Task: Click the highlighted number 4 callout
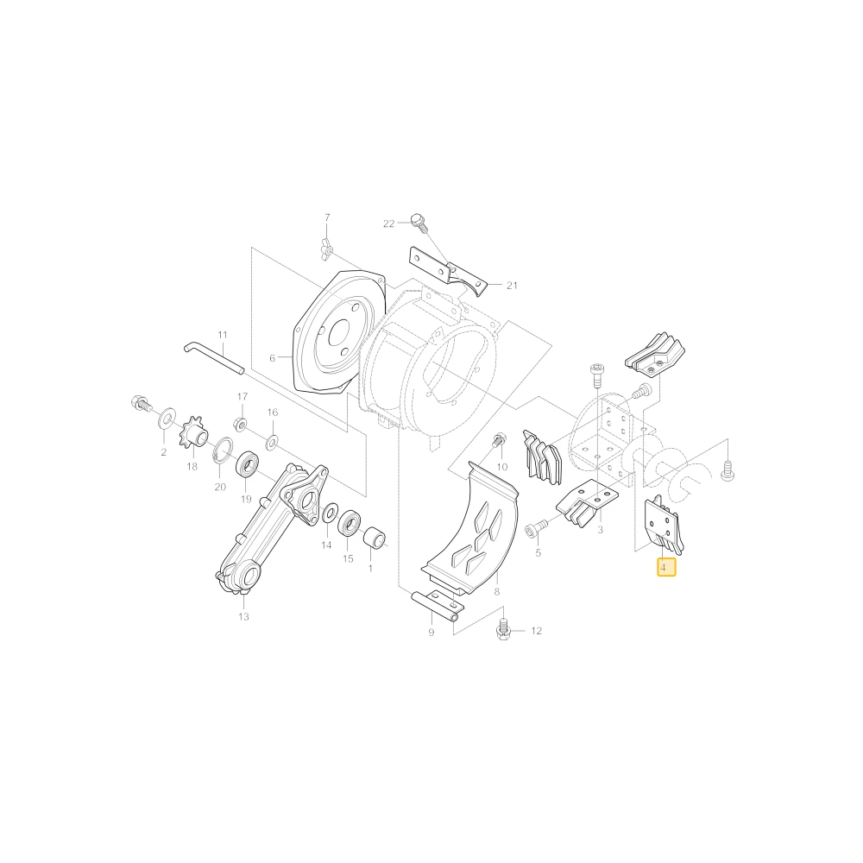coord(666,566)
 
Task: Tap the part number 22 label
coord(388,224)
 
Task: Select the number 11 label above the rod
coord(223,335)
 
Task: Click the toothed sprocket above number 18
coord(193,434)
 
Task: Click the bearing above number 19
coord(249,464)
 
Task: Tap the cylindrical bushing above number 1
coord(375,538)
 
